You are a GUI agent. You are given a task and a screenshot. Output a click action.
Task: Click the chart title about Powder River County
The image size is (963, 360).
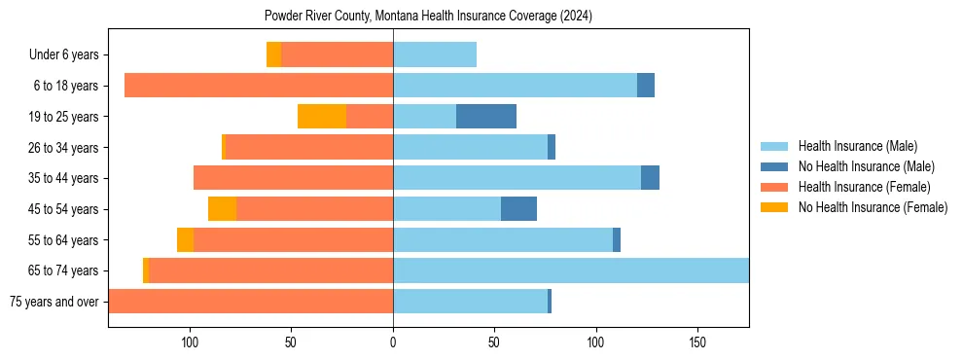(428, 17)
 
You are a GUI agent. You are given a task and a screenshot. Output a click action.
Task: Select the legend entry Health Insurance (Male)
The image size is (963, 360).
(857, 147)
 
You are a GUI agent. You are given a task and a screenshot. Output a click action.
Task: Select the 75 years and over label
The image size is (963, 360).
(54, 302)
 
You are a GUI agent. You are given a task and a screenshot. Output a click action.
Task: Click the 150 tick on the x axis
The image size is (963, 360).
(697, 342)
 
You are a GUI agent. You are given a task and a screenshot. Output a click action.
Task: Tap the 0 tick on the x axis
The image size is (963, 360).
(393, 342)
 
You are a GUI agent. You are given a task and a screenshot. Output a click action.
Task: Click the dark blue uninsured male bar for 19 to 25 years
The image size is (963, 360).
(486, 117)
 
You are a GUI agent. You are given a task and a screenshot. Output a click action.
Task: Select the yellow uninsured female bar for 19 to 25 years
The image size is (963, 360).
(322, 117)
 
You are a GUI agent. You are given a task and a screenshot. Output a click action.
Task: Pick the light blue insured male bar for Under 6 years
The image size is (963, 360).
(435, 55)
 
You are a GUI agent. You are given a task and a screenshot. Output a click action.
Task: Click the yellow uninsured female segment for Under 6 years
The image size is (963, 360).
(274, 55)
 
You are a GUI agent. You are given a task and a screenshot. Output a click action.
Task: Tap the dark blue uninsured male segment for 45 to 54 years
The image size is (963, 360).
(518, 209)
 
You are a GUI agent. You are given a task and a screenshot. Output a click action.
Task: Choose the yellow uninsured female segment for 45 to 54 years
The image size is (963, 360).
(223, 209)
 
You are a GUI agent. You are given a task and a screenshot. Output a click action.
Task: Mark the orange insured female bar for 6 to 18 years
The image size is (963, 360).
(259, 86)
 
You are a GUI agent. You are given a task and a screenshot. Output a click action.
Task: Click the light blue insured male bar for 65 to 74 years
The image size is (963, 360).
(571, 270)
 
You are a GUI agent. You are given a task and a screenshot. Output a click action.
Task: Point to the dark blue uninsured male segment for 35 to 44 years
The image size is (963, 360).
(650, 178)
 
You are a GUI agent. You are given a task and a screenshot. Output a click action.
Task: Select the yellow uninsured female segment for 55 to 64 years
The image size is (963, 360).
(185, 239)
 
